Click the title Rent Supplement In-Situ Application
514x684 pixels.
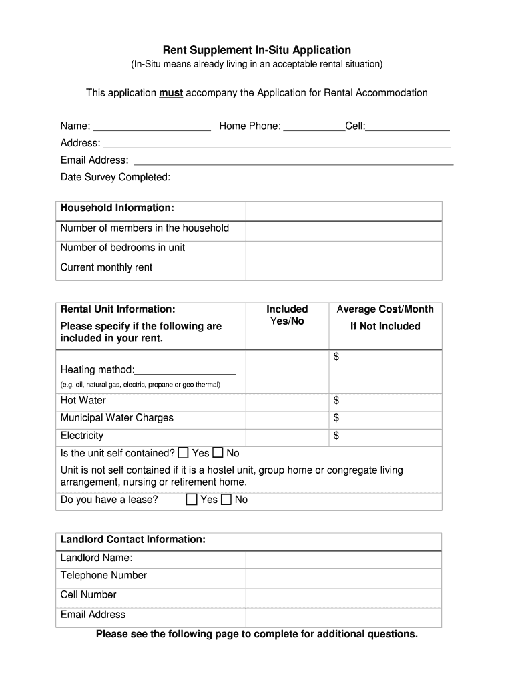point(257,50)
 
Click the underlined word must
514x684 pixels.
point(171,93)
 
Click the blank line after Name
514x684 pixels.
point(152,127)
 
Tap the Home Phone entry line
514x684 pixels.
point(314,127)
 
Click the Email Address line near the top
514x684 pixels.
point(293,160)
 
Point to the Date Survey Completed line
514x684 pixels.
point(305,178)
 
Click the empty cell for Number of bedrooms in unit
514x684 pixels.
point(343,250)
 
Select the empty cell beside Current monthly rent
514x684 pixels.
point(343,270)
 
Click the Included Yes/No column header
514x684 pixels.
point(287,315)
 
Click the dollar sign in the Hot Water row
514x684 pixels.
point(336,401)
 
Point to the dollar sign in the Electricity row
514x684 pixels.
point(336,436)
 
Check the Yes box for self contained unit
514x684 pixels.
point(184,453)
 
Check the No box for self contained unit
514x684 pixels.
point(218,453)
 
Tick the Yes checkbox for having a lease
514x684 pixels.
point(192,500)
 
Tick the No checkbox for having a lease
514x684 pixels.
point(226,500)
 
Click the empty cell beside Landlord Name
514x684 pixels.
point(343,560)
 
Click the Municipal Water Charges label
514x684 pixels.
point(117,418)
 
